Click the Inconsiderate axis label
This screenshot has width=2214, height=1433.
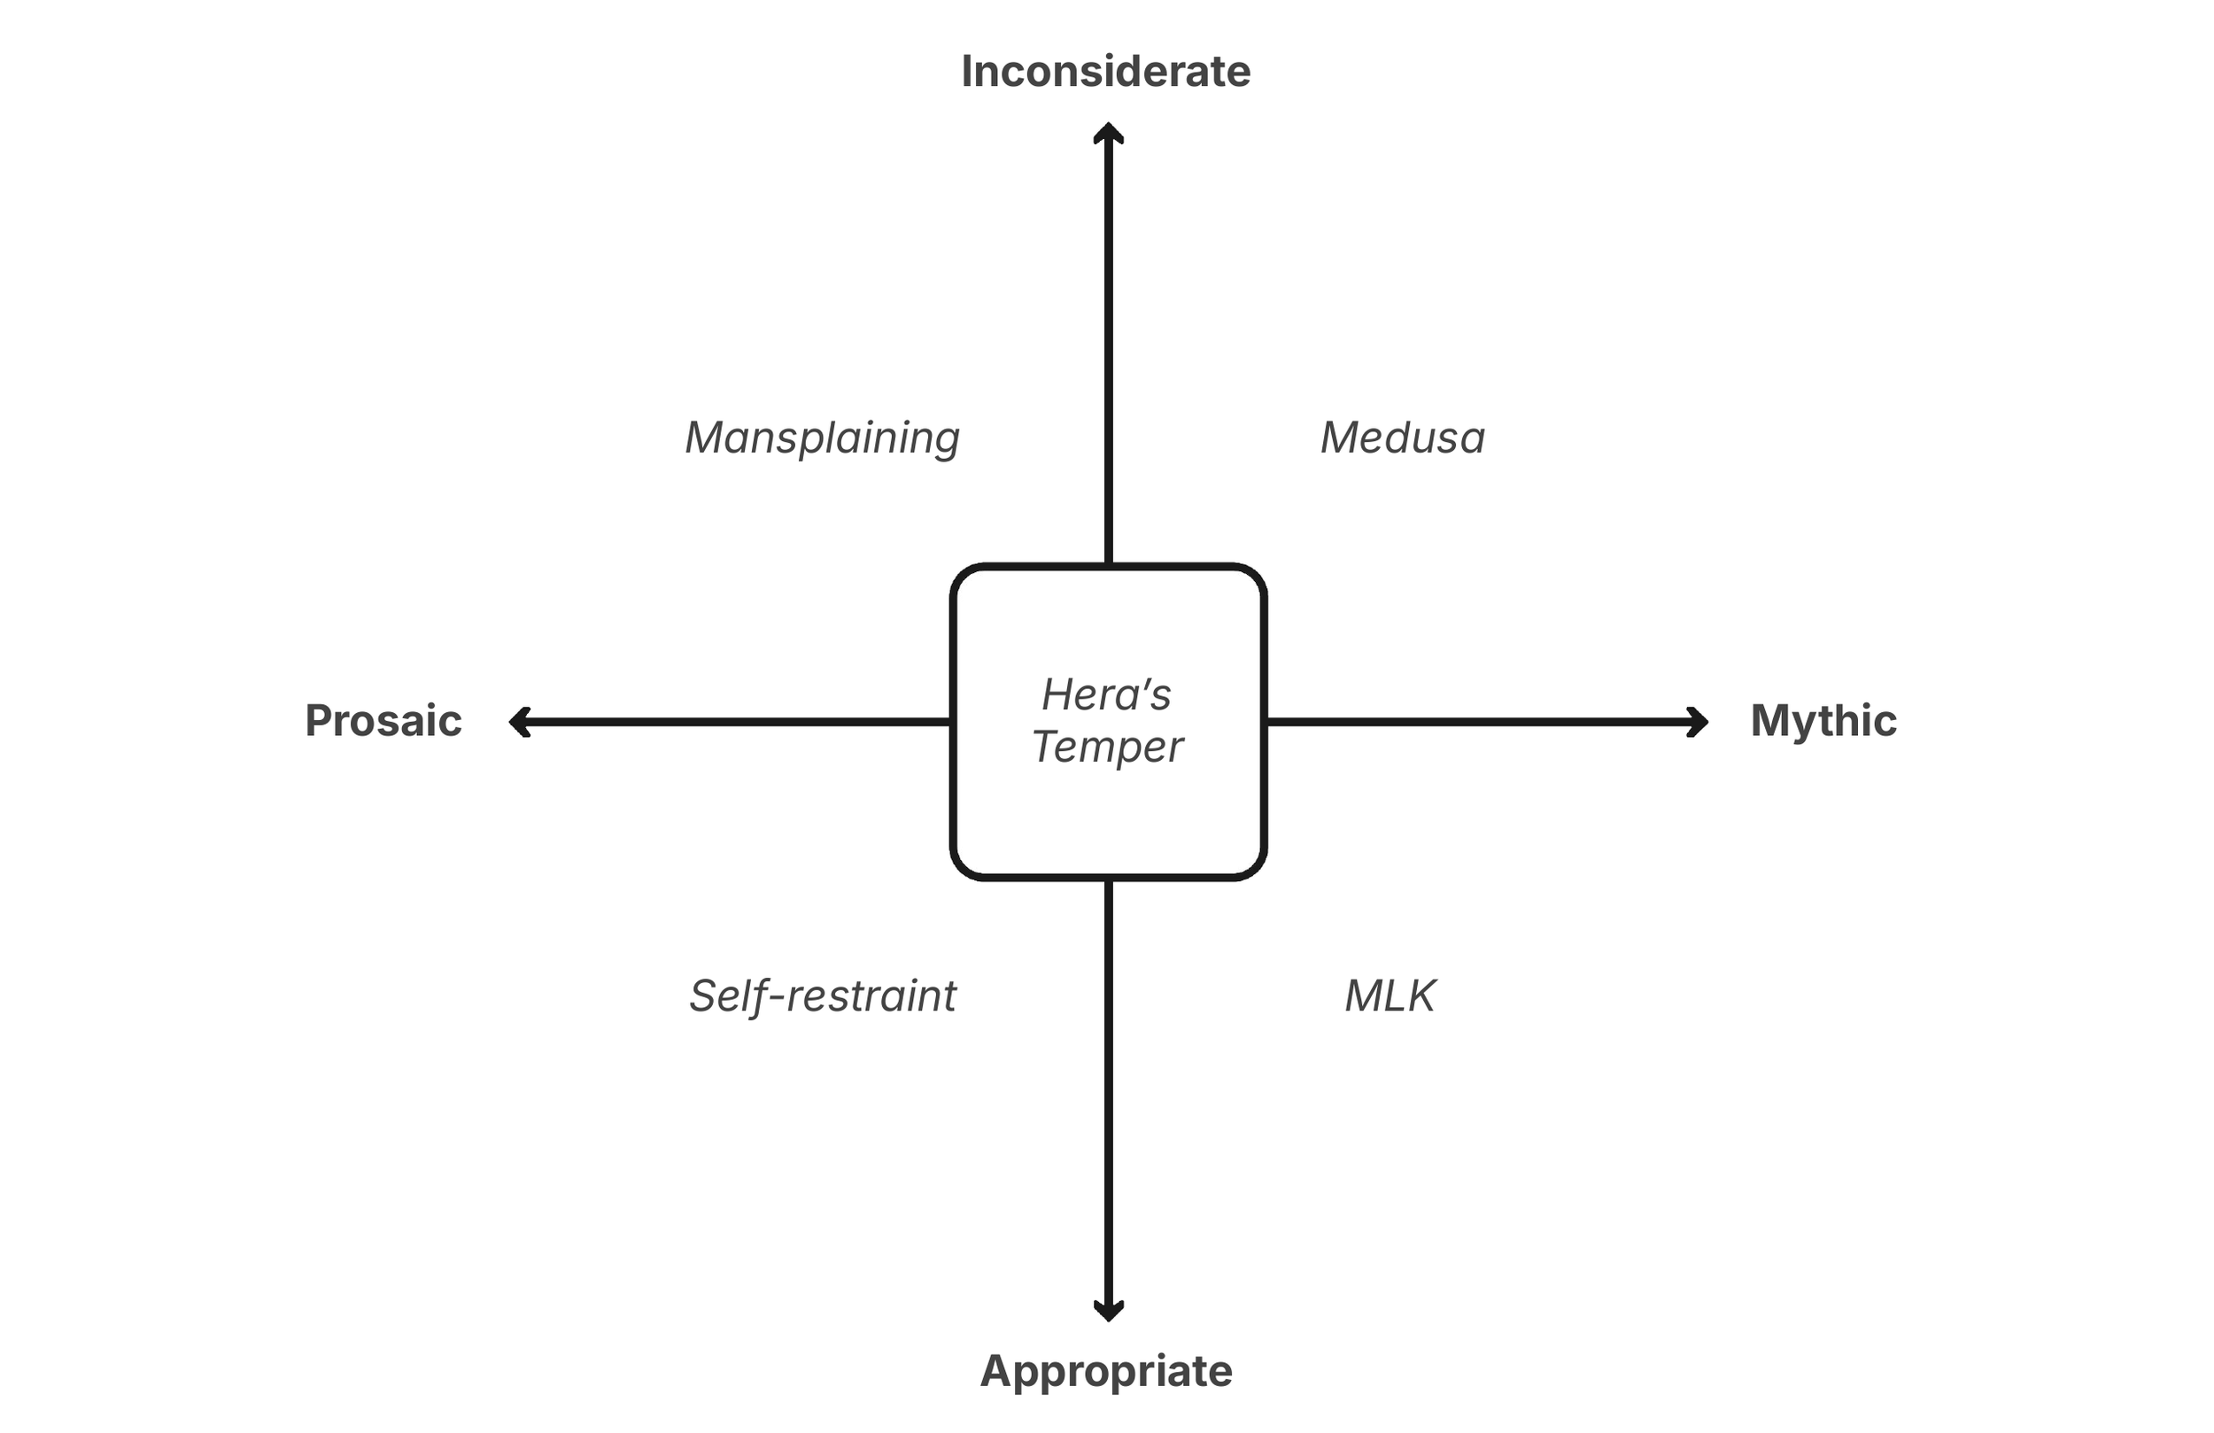[1105, 72]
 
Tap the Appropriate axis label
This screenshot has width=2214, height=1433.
[1106, 1371]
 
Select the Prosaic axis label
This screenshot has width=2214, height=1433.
[383, 721]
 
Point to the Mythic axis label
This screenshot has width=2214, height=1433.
[1823, 721]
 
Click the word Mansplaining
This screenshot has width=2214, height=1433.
[823, 438]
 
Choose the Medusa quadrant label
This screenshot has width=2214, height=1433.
[1403, 438]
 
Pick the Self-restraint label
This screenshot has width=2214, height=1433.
[823, 995]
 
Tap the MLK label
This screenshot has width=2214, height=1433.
[1390, 995]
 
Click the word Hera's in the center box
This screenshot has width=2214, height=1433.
[1106, 694]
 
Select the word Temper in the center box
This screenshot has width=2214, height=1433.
[1107, 747]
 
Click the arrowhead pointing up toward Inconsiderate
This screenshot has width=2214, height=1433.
[1108, 131]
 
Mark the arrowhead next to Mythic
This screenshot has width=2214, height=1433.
[1699, 722]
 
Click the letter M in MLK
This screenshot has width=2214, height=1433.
[1364, 995]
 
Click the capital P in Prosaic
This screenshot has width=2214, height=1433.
[319, 721]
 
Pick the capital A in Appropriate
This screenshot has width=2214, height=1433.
[996, 1371]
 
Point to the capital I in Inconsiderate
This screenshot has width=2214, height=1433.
[966, 72]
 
